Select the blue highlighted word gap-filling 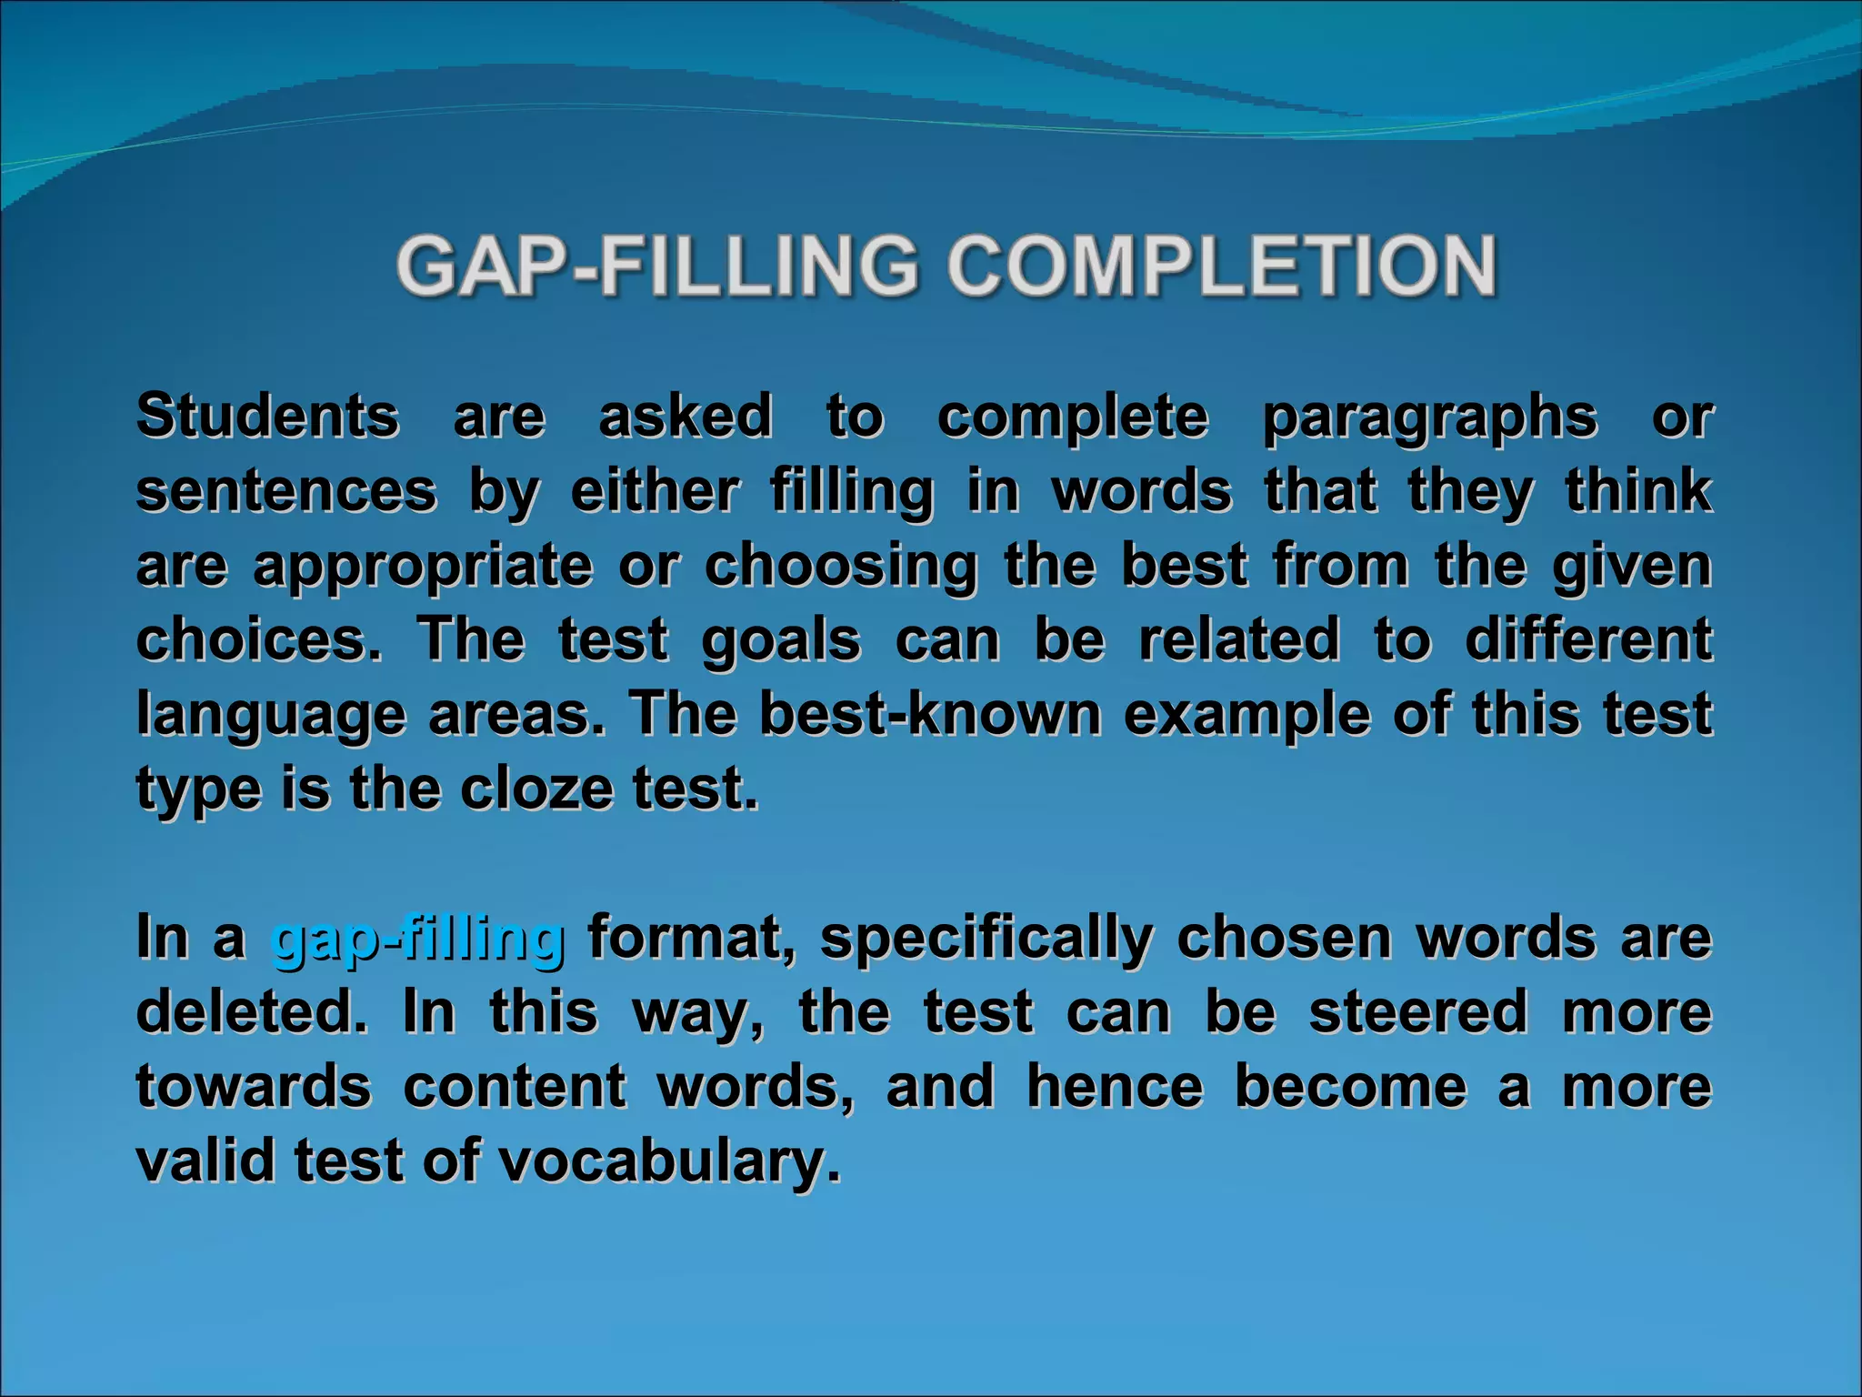418,937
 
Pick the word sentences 286,491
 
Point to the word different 1588,639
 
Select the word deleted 252,1011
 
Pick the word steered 1418,1011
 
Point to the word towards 254,1086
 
